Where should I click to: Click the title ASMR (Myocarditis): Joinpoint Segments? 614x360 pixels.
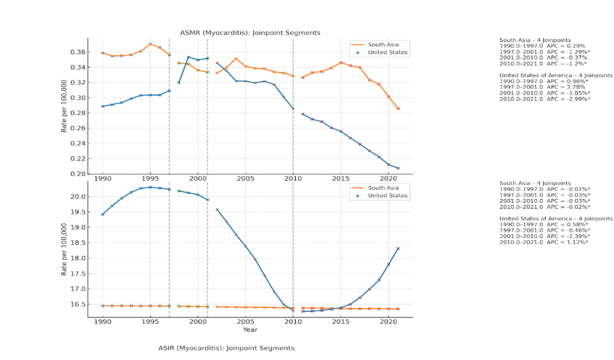point(250,33)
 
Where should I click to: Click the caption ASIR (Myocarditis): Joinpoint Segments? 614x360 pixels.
point(226,348)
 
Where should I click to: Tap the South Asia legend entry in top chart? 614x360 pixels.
point(384,44)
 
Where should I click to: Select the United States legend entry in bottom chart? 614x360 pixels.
point(388,196)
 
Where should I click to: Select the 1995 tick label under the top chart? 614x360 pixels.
point(150,178)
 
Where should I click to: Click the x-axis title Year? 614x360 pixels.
point(250,329)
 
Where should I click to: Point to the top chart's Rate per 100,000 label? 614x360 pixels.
point(64,106)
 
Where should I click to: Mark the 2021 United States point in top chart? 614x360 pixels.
point(397,168)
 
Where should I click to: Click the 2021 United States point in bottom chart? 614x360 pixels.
point(397,248)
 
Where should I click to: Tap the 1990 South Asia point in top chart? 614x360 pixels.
point(103,53)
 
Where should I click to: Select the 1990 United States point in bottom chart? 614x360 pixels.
point(103,214)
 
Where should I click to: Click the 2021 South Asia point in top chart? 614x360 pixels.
point(397,108)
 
